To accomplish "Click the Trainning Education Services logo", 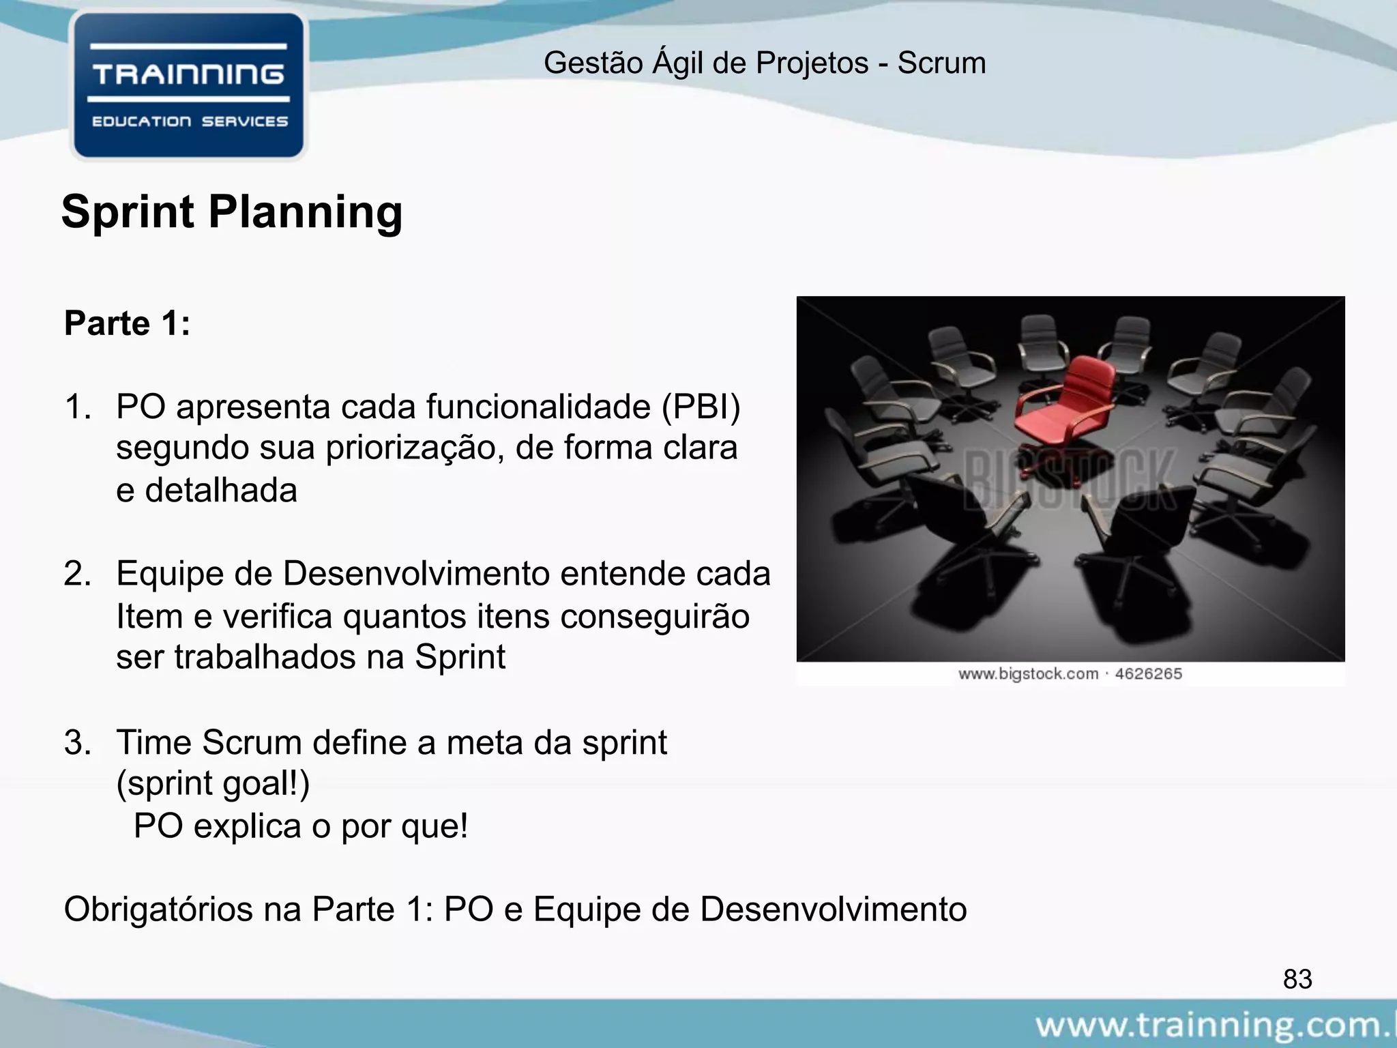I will click(x=188, y=86).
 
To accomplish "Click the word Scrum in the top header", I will click(x=941, y=63).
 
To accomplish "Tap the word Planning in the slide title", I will click(x=305, y=212).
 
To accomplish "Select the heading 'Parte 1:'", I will click(x=127, y=323).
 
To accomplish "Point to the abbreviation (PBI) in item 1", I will click(x=701, y=407).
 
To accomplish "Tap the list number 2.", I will click(x=77, y=574).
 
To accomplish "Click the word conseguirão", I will click(x=655, y=617).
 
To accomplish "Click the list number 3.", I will click(x=77, y=742).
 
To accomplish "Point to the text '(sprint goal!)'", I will click(x=213, y=783).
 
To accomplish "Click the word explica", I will click(x=248, y=826).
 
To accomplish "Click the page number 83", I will click(x=1297, y=979).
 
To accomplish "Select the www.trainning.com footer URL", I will click(x=1214, y=1025).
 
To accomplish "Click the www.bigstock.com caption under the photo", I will click(x=1028, y=674).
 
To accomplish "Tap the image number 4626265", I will click(x=1149, y=674).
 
